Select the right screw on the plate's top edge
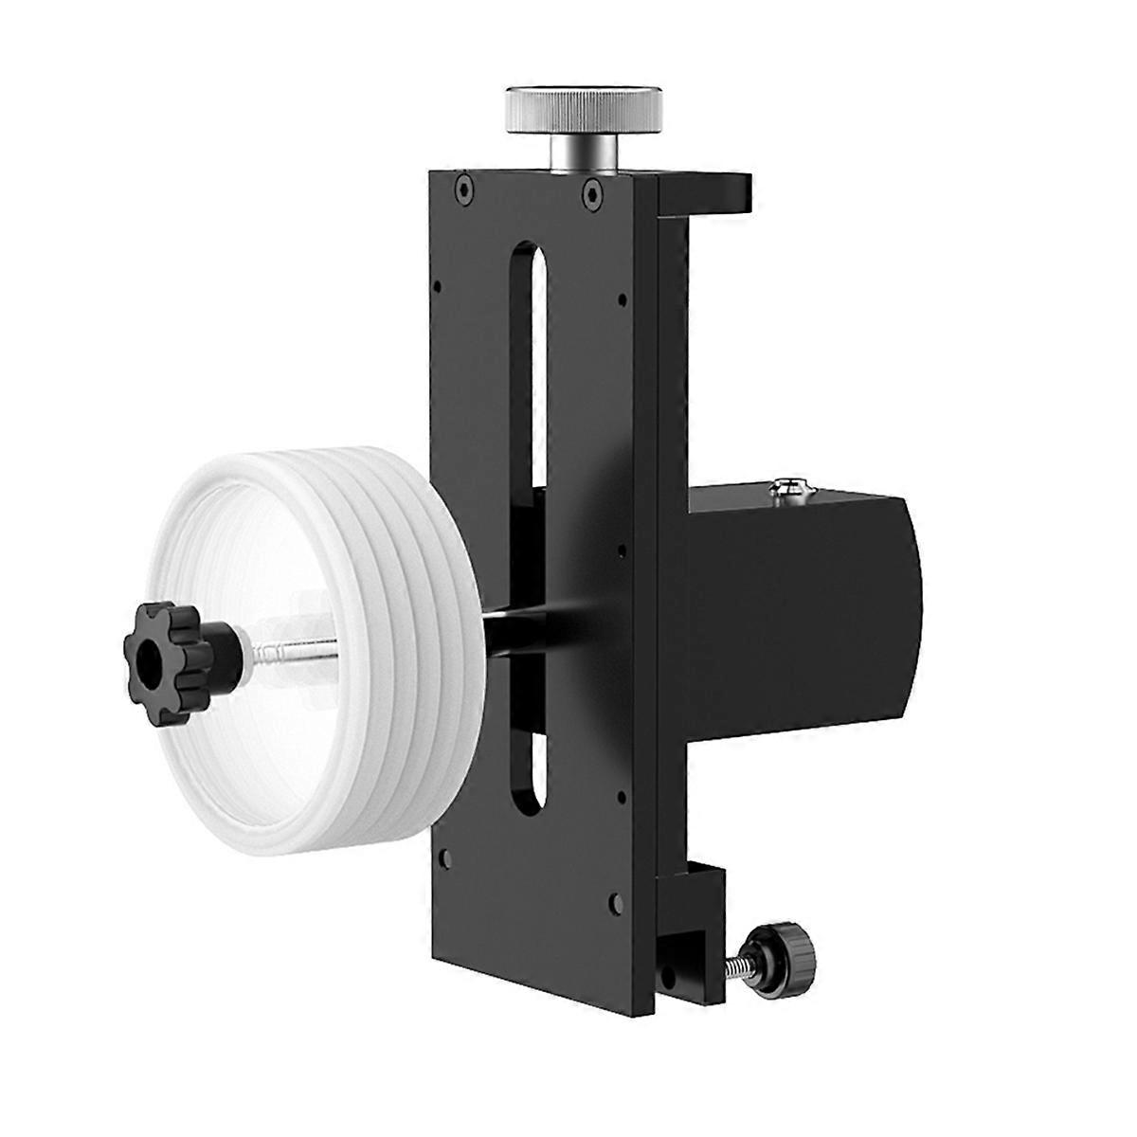[591, 193]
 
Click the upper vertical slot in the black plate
[529, 360]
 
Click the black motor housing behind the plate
[796, 606]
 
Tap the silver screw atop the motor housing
[788, 489]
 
